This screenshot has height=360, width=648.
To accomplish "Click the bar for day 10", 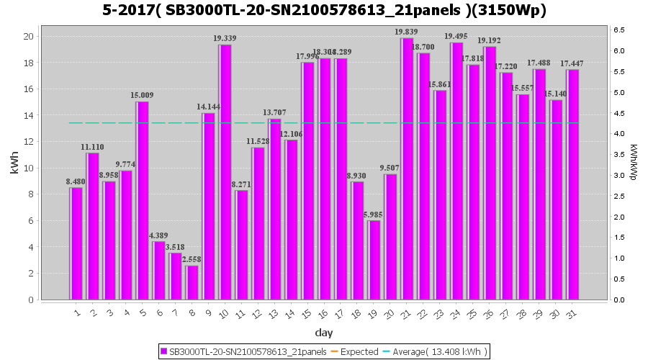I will click(x=225, y=172).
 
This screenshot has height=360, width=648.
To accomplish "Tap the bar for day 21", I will click(x=408, y=168).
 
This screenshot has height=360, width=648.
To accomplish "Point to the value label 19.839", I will click(x=406, y=32).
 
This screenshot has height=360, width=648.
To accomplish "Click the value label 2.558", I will click(x=192, y=259).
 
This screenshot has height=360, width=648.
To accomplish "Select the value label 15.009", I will click(x=142, y=95).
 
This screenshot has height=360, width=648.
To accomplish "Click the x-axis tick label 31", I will click(x=571, y=314).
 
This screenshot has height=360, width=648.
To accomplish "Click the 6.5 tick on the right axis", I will click(x=618, y=30).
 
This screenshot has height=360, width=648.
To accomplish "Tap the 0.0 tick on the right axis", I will click(x=618, y=300).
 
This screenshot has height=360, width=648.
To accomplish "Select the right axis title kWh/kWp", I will click(x=633, y=162).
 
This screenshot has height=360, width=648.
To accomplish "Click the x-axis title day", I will click(x=324, y=333).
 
